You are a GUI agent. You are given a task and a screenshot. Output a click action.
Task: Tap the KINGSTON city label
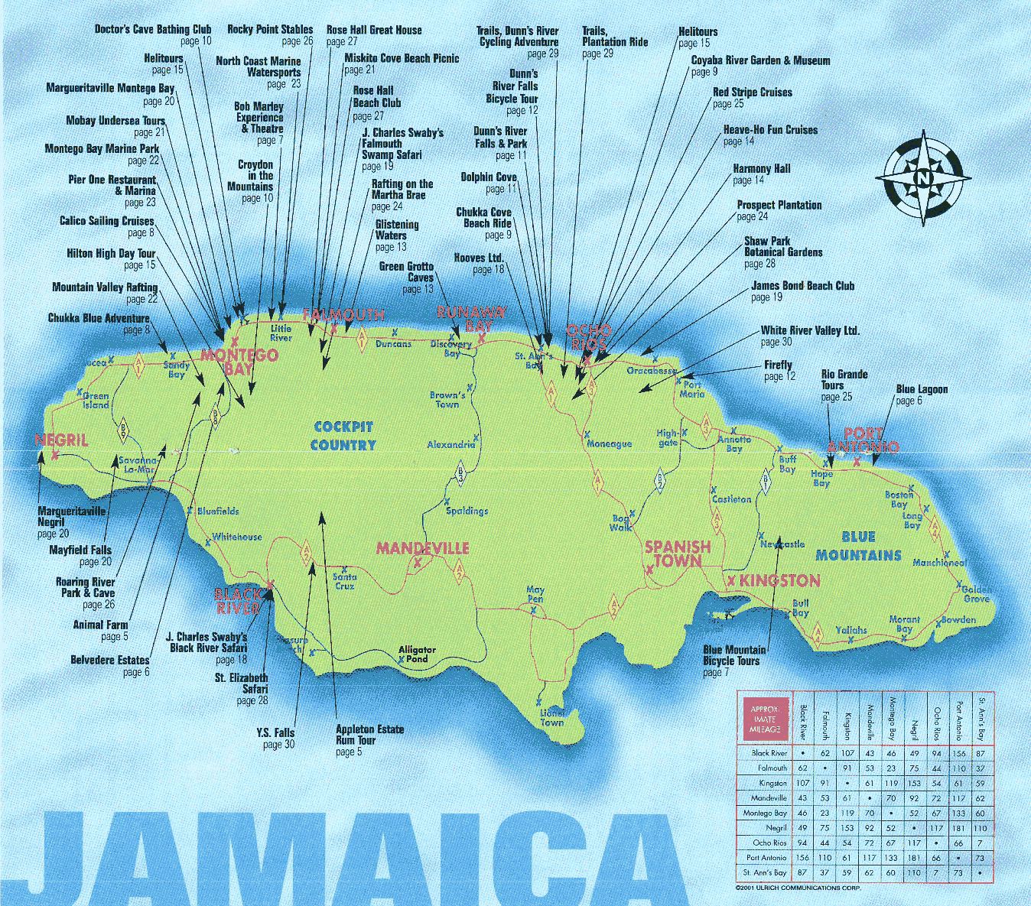click(x=779, y=580)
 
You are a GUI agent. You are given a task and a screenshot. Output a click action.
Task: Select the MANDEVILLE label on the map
click(x=422, y=549)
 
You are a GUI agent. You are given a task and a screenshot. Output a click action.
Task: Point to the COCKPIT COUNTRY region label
click(x=343, y=436)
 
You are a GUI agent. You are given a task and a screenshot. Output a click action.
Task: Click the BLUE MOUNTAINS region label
click(x=858, y=546)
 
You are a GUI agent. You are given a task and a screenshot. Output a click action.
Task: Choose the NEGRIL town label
click(x=61, y=440)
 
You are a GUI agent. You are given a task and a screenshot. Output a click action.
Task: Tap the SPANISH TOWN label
click(x=678, y=554)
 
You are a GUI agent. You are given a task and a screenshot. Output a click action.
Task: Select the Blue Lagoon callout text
click(x=921, y=395)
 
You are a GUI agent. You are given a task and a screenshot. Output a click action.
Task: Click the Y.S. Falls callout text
click(x=276, y=738)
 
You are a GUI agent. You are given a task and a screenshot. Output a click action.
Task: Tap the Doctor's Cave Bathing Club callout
click(x=153, y=35)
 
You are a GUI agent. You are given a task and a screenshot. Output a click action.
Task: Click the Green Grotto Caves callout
click(x=407, y=277)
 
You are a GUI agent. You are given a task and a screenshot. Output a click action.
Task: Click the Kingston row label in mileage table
click(x=772, y=783)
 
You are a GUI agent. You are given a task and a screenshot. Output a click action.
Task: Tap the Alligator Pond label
click(x=417, y=654)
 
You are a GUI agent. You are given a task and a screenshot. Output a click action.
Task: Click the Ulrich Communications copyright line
click(x=797, y=888)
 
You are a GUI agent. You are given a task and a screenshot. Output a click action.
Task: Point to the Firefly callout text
click(x=779, y=370)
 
